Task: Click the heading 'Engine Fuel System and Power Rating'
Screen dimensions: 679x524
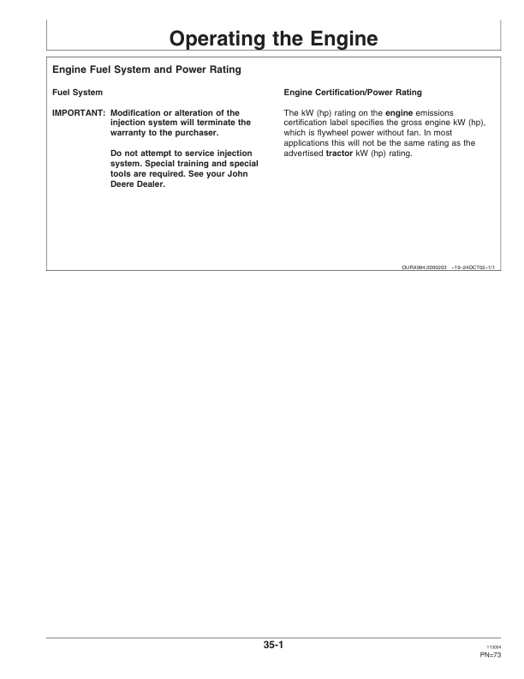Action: click(x=146, y=70)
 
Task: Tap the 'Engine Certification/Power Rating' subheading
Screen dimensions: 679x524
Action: click(x=351, y=92)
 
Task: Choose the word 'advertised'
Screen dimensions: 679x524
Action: click(x=302, y=153)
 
